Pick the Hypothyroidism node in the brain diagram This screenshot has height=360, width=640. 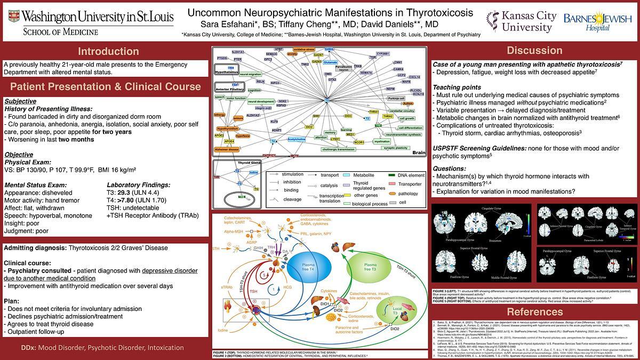(x=227, y=130)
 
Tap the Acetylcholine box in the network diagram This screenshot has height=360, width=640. (x=297, y=139)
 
